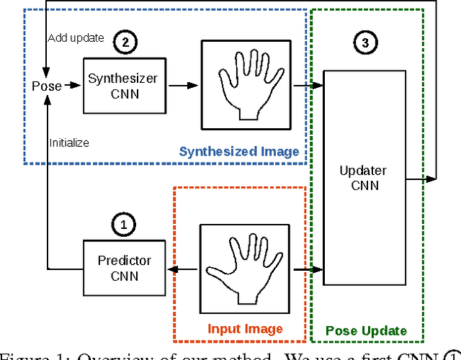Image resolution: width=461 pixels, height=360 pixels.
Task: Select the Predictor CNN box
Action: (x=125, y=267)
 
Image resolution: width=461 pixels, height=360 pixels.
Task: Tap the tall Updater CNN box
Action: (x=364, y=178)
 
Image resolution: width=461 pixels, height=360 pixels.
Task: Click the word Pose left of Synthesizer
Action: (x=46, y=86)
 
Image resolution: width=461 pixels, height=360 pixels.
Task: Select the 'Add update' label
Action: (x=76, y=37)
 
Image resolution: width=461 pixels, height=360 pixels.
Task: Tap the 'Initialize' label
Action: (x=69, y=143)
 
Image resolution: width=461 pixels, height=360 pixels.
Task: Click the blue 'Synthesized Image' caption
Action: (x=238, y=151)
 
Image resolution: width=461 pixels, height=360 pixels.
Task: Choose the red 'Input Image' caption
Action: (x=244, y=329)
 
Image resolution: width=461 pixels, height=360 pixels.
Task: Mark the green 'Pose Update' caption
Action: (x=365, y=331)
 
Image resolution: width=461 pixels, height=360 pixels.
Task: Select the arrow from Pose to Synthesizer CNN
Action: (x=71, y=86)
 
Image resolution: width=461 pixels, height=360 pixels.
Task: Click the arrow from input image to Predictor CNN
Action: (x=183, y=270)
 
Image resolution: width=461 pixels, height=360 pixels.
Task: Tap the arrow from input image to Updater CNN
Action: (x=305, y=270)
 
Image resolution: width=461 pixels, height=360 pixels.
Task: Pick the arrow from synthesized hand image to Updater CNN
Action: (x=305, y=86)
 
